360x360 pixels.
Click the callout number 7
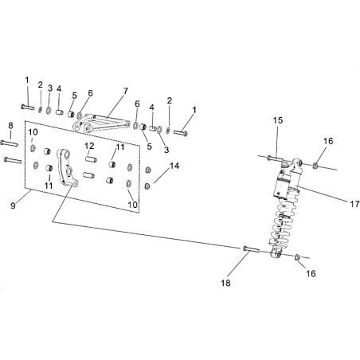(125, 91)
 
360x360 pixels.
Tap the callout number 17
(354, 204)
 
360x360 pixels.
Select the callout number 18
(225, 283)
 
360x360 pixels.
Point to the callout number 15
(278, 120)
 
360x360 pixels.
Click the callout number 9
(13, 205)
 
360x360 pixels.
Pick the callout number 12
(89, 146)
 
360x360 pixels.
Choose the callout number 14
(174, 166)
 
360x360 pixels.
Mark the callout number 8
(10, 126)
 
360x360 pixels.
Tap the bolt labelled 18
(251, 249)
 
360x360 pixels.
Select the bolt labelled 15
(276, 158)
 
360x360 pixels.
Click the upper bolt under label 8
(10, 143)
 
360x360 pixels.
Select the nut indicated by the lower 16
(298, 257)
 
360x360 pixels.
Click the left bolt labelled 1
(28, 108)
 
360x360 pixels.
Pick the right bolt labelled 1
(181, 132)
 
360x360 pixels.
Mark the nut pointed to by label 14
(147, 186)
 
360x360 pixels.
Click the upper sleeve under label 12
(91, 160)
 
